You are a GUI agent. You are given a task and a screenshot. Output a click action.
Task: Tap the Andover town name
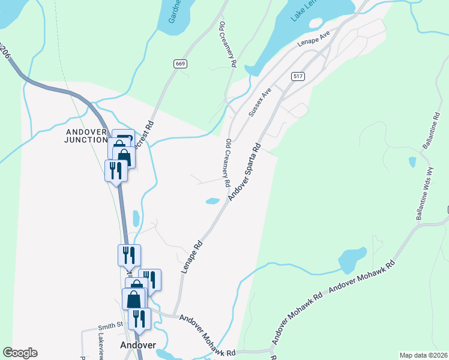click(x=138, y=345)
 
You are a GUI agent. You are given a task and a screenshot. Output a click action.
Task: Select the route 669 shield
click(x=179, y=64)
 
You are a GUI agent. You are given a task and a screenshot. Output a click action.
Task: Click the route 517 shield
click(x=297, y=76)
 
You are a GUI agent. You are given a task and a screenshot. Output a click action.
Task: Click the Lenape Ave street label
click(x=314, y=41)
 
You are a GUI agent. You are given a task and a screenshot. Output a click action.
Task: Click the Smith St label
click(x=110, y=326)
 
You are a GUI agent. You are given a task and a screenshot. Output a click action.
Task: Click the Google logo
click(x=20, y=353)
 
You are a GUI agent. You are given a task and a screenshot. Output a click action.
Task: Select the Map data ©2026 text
click(x=423, y=355)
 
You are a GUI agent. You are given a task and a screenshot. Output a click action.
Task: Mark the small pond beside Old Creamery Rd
click(x=212, y=201)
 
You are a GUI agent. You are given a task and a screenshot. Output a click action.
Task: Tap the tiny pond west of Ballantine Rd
click(x=412, y=162)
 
